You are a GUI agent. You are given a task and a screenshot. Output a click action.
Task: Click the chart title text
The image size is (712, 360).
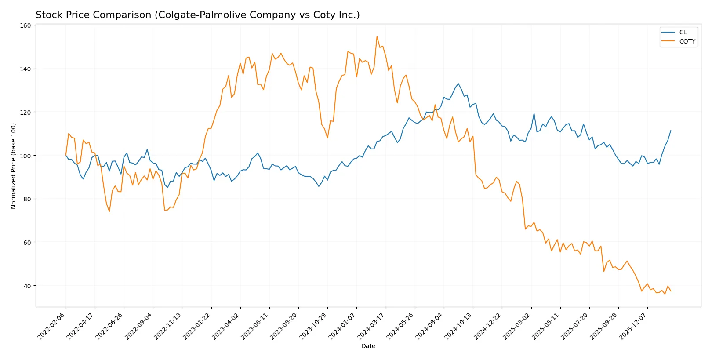coord(197,15)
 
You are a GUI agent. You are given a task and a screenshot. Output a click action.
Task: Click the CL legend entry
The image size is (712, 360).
coord(682,32)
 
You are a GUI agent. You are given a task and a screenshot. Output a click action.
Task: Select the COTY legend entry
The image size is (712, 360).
coord(687,41)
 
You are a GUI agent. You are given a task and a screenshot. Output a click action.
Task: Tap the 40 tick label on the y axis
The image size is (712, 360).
coord(27,286)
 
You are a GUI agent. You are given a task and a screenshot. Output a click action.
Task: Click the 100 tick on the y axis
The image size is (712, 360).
coord(26,156)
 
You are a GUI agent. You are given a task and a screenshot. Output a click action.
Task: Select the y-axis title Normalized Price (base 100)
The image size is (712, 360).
coord(14,166)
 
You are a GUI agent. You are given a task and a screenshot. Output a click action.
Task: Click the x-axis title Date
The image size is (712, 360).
coord(368,346)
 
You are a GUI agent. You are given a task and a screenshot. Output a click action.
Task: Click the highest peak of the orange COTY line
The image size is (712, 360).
coord(377,36)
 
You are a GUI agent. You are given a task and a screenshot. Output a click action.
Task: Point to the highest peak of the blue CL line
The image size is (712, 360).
coord(458,84)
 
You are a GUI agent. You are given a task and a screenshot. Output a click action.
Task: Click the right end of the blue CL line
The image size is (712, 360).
coord(671,131)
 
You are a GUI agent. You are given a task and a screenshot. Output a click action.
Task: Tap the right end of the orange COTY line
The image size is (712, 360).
coord(671,291)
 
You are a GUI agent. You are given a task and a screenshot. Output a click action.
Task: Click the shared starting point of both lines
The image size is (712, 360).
coord(66,155)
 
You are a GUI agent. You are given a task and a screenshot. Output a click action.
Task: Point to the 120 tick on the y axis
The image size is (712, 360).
coord(26,112)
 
